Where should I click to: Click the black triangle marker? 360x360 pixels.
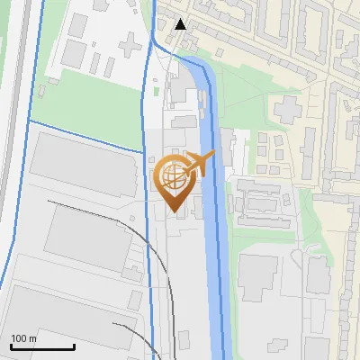[181, 23]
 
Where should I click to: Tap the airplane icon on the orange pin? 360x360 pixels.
[200, 164]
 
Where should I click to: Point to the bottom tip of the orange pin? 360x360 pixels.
[174, 212]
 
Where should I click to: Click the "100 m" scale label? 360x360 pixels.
[24, 338]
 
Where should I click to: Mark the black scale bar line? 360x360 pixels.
[42, 346]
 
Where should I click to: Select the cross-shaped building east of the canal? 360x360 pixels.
[289, 111]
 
